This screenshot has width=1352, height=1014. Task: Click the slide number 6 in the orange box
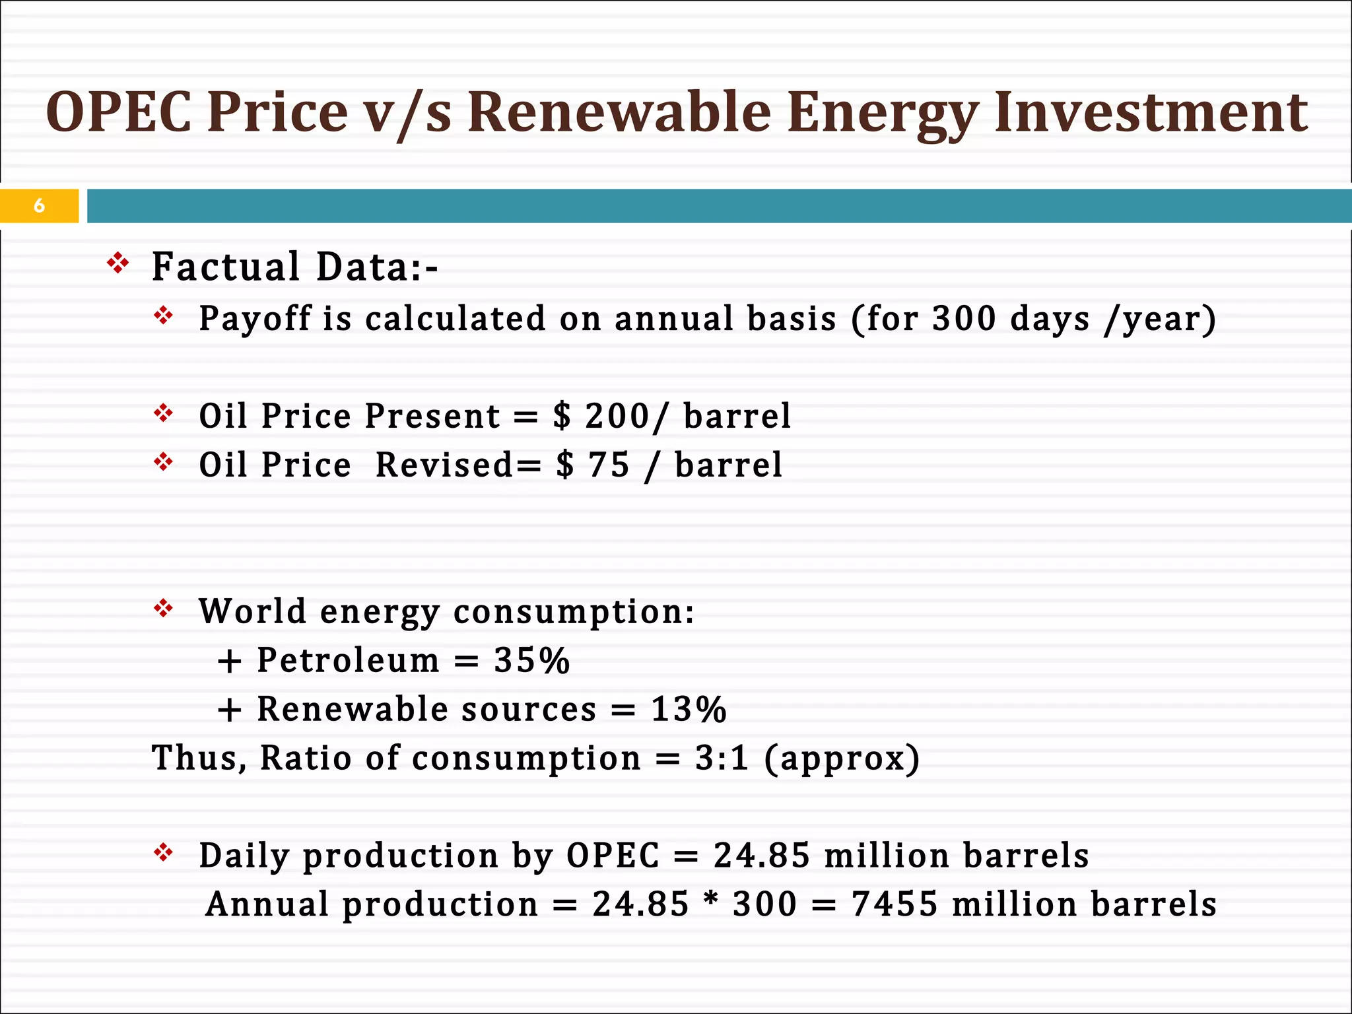point(39,206)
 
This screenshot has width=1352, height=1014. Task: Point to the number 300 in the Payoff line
point(964,319)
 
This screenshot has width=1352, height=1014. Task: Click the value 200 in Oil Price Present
point(617,416)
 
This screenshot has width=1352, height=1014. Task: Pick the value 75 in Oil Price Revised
point(609,465)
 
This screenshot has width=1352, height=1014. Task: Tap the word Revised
point(444,465)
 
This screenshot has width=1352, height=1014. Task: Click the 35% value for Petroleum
point(531,660)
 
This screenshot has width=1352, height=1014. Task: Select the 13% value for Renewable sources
point(689,710)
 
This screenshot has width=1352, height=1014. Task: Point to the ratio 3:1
point(722,758)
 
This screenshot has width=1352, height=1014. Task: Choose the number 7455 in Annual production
point(895,904)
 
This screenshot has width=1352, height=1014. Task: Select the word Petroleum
point(348,660)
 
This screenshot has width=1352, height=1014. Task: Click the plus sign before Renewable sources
point(229,711)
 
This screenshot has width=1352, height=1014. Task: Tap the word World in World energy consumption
point(252,611)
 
